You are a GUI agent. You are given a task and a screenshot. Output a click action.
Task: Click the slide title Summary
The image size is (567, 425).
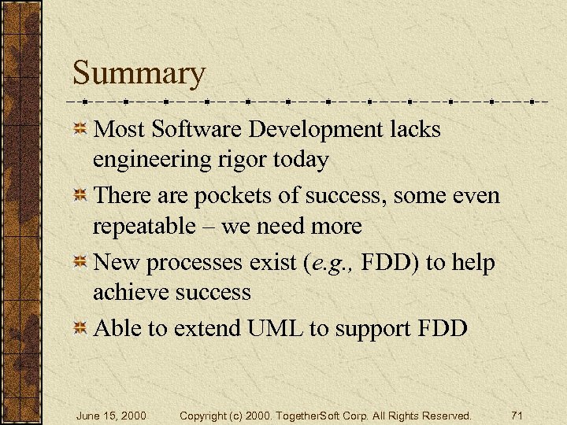click(139, 74)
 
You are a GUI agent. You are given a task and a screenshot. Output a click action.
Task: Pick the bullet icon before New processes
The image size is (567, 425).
click(80, 262)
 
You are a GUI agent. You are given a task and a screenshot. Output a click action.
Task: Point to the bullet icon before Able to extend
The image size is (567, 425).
click(80, 328)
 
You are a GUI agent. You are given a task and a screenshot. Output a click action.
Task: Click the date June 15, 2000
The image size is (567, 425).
click(111, 415)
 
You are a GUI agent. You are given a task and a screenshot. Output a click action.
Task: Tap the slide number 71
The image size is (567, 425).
click(517, 415)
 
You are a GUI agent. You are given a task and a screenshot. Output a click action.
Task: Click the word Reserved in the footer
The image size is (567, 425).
click(444, 415)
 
